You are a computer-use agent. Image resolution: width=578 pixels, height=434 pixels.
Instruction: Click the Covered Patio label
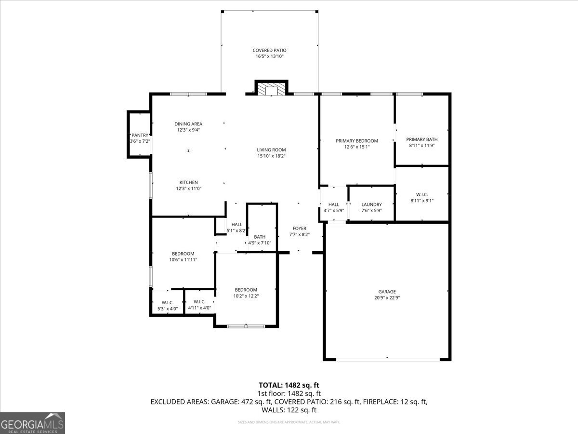pos(270,50)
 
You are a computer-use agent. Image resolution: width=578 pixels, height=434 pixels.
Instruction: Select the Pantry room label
pos(140,136)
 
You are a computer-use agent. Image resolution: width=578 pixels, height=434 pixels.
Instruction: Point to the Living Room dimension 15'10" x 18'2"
pos(271,156)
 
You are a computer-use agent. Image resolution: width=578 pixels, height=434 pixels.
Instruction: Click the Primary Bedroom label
pos(356,141)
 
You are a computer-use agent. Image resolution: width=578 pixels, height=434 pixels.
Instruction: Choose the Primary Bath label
pos(421,139)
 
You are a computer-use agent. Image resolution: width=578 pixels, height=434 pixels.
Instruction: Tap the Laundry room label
pos(371,204)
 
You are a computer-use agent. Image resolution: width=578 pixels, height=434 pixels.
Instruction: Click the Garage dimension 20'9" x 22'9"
pos(387,298)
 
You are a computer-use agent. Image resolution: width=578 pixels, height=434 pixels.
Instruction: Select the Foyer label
pos(299,229)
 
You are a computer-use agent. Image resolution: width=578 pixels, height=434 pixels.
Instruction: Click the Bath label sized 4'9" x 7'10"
pos(260,237)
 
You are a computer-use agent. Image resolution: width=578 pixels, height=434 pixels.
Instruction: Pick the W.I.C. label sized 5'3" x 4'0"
pos(167,302)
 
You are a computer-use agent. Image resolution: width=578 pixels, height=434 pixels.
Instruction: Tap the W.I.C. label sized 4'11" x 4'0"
pos(199,301)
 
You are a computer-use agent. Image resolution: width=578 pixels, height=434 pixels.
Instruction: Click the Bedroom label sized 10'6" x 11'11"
pos(183,254)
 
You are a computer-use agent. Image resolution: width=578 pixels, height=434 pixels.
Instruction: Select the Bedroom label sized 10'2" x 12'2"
pos(246,290)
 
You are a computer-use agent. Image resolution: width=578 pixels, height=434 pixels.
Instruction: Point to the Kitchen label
pos(188,182)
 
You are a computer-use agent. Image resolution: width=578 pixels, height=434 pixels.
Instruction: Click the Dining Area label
pos(188,124)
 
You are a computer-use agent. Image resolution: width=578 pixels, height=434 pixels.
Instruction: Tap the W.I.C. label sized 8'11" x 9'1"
pos(422,194)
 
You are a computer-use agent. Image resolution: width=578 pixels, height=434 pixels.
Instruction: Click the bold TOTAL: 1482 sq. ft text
pos(289,385)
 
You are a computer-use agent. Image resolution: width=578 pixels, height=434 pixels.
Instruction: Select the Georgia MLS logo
pos(32,423)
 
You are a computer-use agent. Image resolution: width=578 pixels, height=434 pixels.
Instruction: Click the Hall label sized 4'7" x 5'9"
pos(334,204)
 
